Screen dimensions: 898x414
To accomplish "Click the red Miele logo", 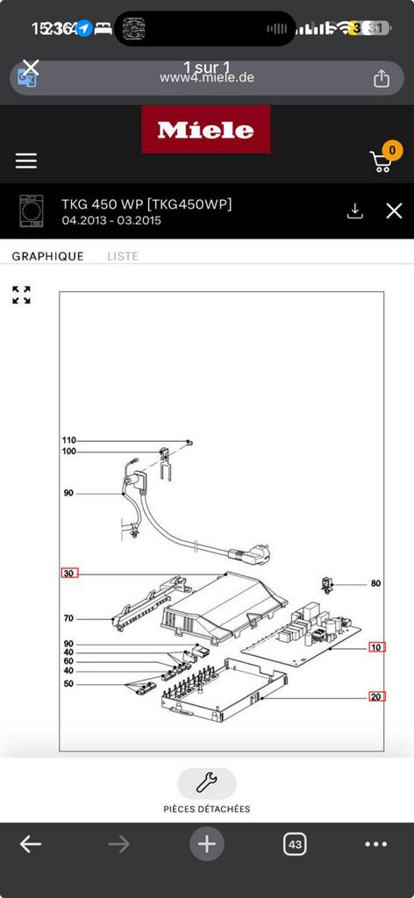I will (206, 130).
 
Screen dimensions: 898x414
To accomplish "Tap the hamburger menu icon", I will (26, 160).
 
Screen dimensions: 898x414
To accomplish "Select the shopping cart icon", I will (382, 160).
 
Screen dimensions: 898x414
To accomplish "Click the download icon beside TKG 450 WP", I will (354, 210).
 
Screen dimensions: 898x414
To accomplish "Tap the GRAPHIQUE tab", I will (47, 256).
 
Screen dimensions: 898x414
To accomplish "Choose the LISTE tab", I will (123, 256).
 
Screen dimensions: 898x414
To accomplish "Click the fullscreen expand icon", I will (22, 295).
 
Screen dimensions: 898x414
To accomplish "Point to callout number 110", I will (69, 440).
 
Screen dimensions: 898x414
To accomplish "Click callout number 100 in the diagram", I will (69, 452).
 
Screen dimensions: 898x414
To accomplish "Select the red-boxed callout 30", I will (69, 574).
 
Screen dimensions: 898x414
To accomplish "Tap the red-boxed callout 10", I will (376, 647).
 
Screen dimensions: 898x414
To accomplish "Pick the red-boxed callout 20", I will (376, 696).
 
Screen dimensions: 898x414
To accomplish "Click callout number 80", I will (375, 583).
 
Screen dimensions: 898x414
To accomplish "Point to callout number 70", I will (68, 618).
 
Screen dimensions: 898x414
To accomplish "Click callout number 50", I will (68, 683).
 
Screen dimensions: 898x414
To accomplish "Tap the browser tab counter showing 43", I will (295, 845).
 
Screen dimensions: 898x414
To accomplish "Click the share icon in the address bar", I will (382, 79).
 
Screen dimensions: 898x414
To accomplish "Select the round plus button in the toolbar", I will (207, 845).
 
